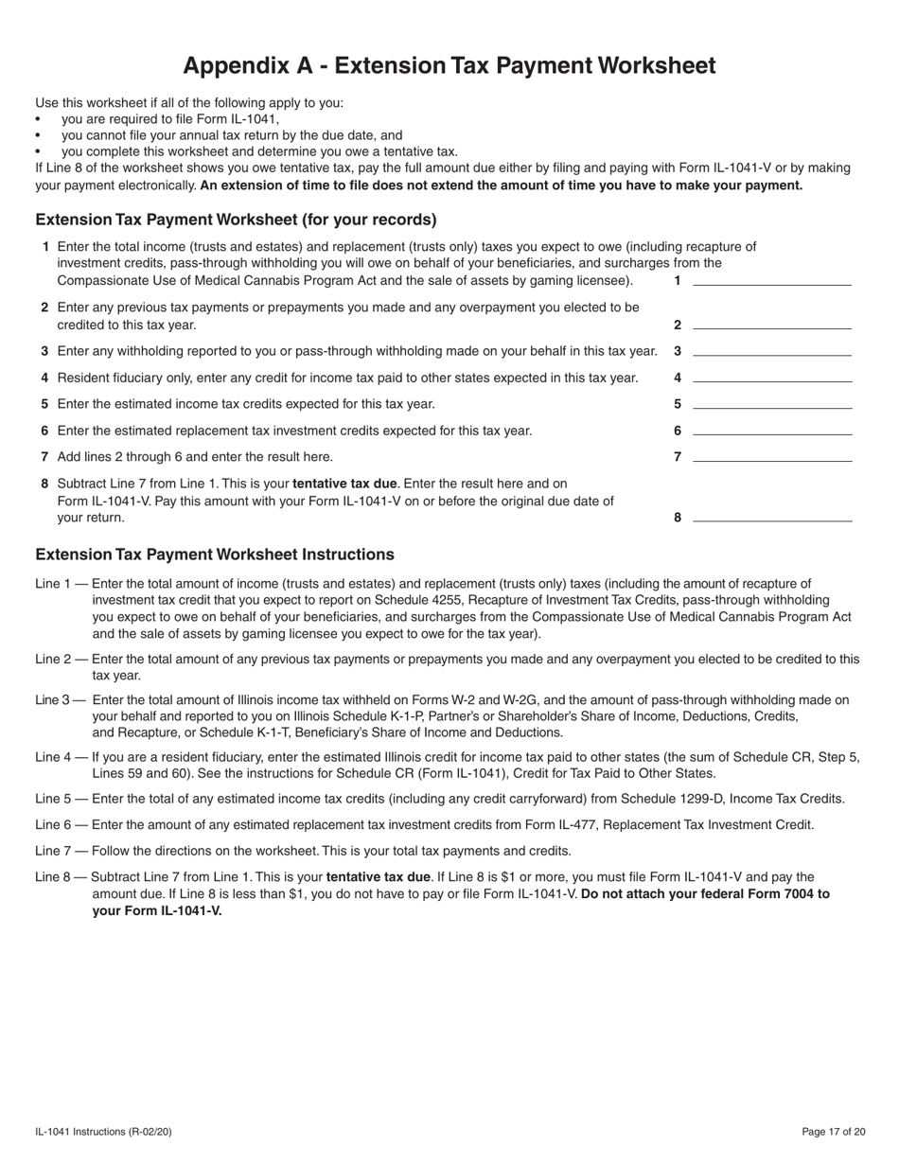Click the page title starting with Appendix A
coord(449,65)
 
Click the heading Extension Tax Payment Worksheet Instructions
coord(215,555)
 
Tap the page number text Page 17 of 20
coord(833,1132)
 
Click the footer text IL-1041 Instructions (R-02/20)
coord(104,1132)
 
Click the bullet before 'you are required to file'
coord(38,120)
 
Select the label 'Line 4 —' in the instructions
coord(62,757)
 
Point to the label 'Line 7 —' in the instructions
coord(62,850)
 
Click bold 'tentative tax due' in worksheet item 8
coord(344,483)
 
